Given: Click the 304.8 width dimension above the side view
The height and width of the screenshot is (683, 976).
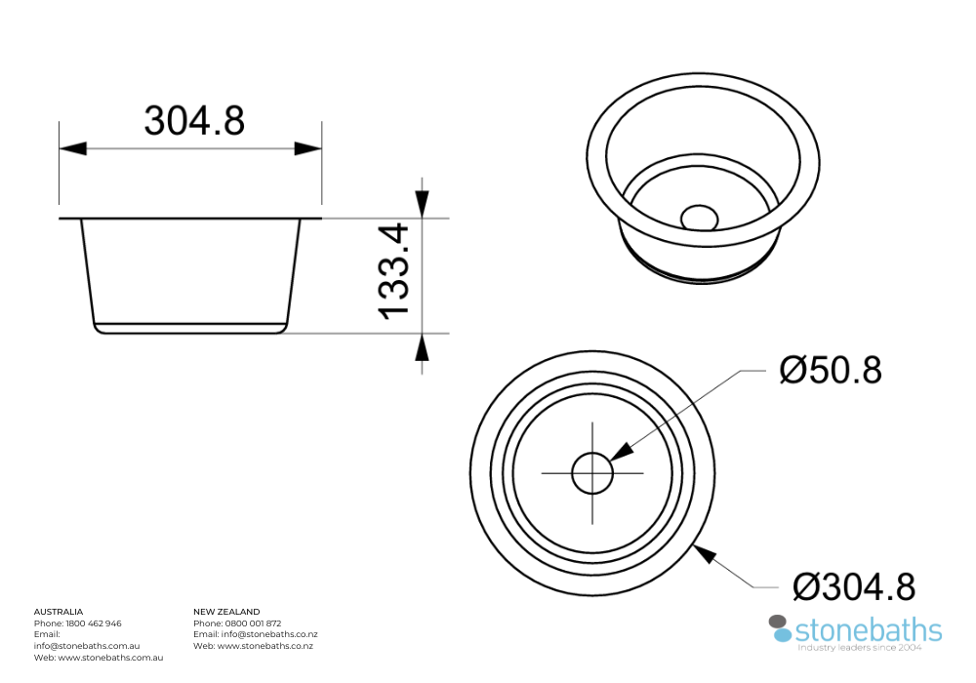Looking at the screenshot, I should pos(194,121).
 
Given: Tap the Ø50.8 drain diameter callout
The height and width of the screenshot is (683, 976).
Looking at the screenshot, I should pos(830,371).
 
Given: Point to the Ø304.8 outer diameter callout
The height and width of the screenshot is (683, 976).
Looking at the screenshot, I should pos(854,587).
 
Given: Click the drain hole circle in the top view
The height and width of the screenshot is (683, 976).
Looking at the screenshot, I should pos(592,473).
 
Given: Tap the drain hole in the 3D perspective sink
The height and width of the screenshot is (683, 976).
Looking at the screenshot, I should pos(699,216).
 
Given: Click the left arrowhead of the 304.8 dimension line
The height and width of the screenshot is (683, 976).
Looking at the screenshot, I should pos(73,148).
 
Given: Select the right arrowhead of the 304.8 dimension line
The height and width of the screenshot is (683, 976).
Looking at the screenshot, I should pos(308,148).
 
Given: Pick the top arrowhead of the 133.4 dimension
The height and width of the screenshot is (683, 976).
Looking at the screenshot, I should pos(422,203).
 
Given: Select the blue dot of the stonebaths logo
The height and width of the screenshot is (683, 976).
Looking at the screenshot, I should pos(783,634).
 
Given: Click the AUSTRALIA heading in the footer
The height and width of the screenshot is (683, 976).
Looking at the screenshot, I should pos(59,612).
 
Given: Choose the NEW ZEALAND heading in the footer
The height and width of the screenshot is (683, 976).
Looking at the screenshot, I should pos(226,612).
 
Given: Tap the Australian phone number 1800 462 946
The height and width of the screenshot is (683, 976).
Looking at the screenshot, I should pos(94,623).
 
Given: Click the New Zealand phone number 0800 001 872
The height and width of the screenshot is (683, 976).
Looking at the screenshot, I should pos(254,623).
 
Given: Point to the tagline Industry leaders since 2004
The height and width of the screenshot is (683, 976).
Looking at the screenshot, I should pos(860,647).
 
